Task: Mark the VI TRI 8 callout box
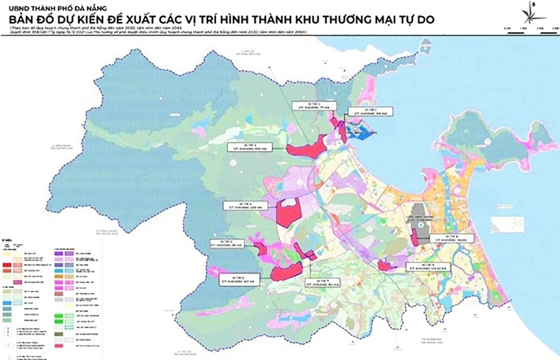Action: point(446,237)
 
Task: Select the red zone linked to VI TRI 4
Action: point(287,213)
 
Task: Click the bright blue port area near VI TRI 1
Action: point(362,133)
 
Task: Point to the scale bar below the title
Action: point(530,26)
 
